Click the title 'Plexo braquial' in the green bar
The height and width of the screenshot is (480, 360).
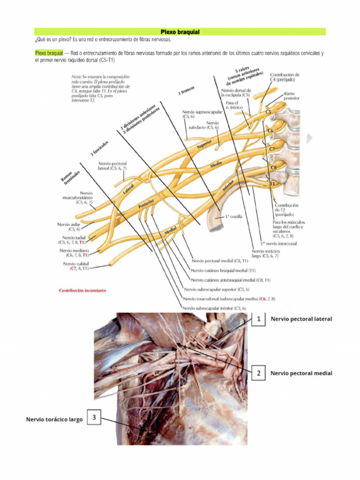coord(180,32)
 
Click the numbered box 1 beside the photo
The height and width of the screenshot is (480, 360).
coord(258,319)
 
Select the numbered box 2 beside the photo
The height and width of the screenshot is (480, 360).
coord(258,374)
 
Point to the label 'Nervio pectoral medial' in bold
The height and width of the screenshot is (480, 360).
coord(301,374)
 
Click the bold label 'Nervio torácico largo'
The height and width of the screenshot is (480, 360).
coord(54,420)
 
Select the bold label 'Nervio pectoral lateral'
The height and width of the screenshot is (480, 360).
coord(301,319)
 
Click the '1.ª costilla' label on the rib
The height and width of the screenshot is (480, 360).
coord(234,217)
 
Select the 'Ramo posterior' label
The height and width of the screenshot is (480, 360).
coord(291,96)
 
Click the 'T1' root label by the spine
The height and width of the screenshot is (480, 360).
coord(272,184)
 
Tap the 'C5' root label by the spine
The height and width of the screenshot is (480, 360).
coord(269,112)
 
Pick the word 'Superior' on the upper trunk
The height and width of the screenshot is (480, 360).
coord(205,144)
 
